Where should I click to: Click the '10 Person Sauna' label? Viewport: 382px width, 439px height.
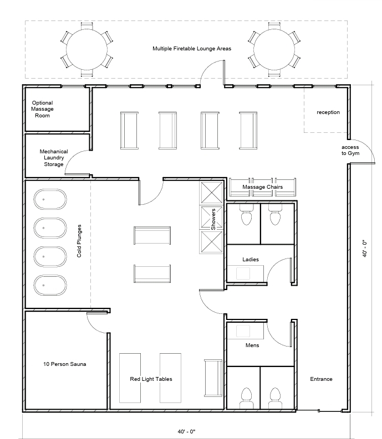(64, 364)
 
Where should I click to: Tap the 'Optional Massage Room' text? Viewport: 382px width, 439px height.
(42, 109)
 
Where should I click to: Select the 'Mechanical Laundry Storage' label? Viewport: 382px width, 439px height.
(54, 158)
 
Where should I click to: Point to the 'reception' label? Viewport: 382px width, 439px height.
(328, 112)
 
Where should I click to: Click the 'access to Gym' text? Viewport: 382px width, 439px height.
(350, 150)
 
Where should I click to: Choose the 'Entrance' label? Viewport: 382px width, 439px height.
(321, 379)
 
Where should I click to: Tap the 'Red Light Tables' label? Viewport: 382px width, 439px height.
(151, 379)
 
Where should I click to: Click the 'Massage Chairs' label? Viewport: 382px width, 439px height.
(262, 187)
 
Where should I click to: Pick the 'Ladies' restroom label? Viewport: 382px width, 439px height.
(251, 260)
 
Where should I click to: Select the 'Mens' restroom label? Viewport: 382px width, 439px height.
(252, 345)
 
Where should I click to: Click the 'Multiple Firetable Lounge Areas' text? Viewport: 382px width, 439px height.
(192, 49)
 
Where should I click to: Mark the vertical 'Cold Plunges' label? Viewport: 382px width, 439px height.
(79, 241)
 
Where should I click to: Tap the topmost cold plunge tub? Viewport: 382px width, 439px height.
(50, 199)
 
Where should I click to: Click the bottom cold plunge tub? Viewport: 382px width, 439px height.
(50, 285)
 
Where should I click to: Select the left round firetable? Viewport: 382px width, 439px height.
(86, 49)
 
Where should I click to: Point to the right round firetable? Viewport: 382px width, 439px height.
(274, 49)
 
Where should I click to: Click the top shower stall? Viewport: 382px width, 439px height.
(212, 192)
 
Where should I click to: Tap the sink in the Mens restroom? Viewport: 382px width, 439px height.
(243, 331)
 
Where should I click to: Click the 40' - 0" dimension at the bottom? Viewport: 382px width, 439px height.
(186, 431)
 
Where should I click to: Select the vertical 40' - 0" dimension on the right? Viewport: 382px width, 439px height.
(365, 249)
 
